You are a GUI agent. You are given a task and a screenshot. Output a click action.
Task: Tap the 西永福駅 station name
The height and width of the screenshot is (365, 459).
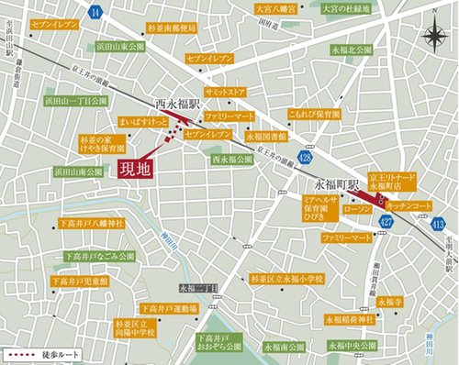[x=177, y=105]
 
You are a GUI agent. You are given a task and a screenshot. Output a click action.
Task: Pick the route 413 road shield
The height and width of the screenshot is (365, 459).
[x=437, y=223]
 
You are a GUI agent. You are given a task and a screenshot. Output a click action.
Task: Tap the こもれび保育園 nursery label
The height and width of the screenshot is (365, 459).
[x=288, y=116]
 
